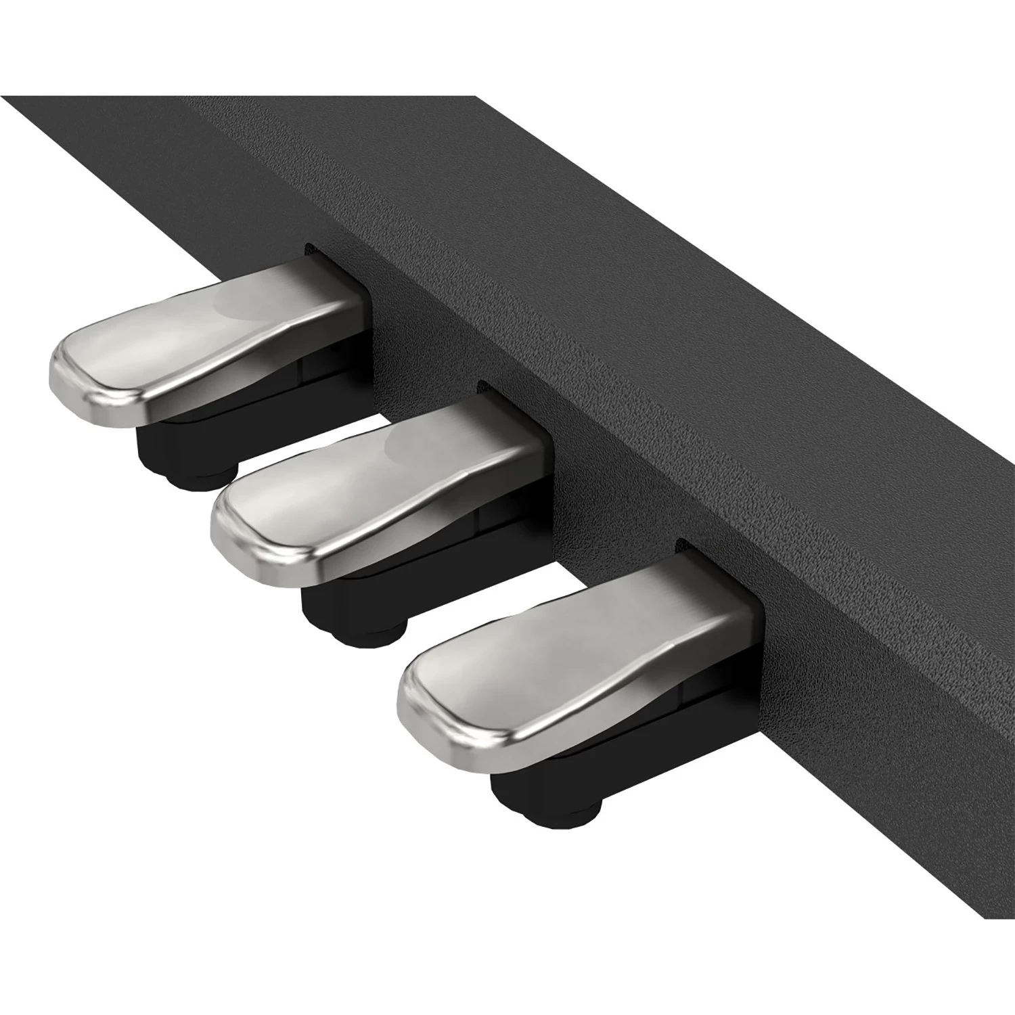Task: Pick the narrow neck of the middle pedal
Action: tap(494, 433)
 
